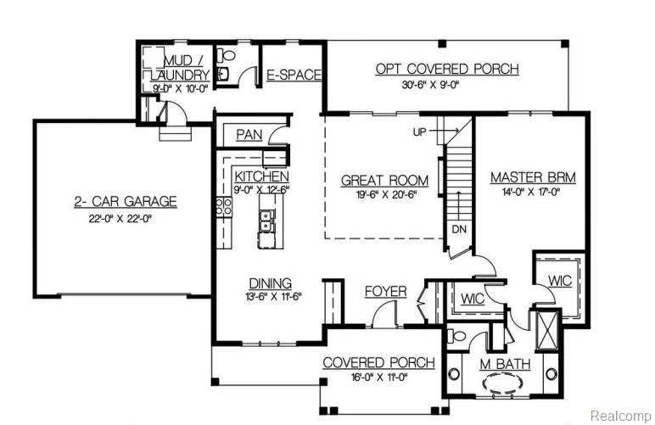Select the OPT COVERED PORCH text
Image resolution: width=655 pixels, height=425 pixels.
(x=446, y=69)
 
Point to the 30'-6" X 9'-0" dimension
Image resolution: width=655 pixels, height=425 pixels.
(x=446, y=85)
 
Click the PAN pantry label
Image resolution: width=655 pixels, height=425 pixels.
(x=249, y=134)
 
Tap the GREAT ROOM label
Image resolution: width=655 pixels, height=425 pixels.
(x=383, y=180)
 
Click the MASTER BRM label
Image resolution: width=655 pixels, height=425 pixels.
(x=533, y=178)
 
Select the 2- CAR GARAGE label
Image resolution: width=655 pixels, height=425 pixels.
(x=124, y=201)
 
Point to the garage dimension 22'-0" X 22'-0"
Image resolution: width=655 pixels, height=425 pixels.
(x=124, y=217)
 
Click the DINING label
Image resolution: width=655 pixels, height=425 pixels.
(x=270, y=282)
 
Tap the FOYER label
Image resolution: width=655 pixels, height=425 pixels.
(x=385, y=292)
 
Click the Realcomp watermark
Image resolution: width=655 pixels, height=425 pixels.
(x=619, y=416)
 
